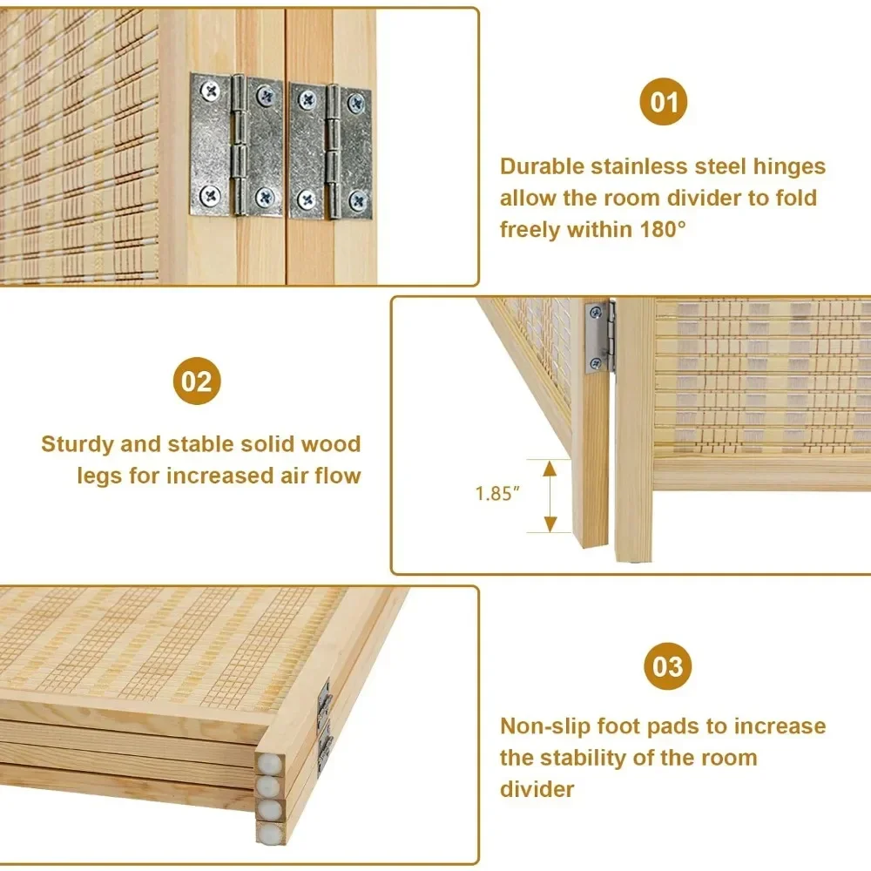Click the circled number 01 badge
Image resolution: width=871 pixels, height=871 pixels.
tap(664, 104)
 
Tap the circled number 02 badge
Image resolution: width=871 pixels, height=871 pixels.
tap(197, 381)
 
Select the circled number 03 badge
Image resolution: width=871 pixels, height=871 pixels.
tap(668, 667)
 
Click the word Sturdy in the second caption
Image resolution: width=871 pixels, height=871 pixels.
tap(78, 444)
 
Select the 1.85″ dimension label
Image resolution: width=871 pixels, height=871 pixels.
tap(497, 494)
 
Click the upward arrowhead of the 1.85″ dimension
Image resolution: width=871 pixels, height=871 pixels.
tap(550, 468)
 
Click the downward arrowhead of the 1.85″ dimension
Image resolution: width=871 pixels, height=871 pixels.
tap(550, 524)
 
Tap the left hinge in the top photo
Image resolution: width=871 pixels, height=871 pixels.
tap(236, 144)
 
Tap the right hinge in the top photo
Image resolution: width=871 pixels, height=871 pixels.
tap(330, 152)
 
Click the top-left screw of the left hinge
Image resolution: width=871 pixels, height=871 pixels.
tap(210, 88)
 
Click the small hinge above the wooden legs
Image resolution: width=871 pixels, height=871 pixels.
tap(600, 336)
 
